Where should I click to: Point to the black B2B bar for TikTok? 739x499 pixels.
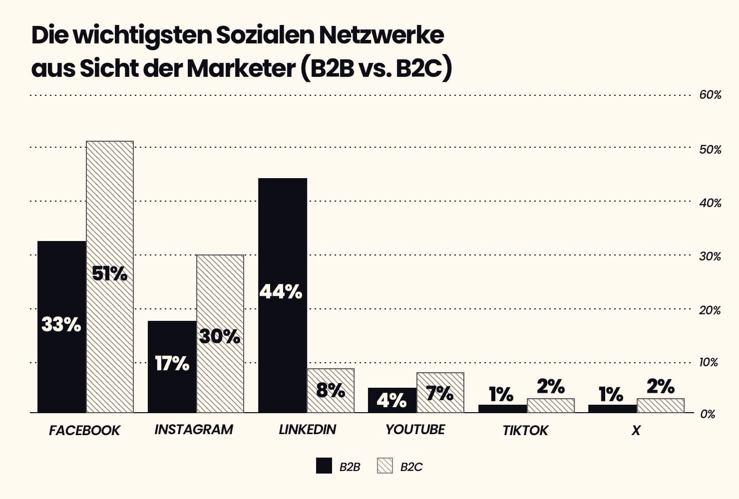click(502, 409)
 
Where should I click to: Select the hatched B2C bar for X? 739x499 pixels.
click(660, 406)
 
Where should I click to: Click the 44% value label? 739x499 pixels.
click(281, 292)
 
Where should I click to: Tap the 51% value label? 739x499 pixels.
click(110, 273)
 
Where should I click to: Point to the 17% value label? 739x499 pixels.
click(172, 364)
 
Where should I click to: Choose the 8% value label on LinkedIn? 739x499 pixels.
click(331, 390)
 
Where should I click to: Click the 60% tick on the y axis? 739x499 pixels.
click(710, 95)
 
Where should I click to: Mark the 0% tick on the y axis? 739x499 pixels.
click(708, 414)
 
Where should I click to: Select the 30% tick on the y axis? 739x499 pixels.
click(710, 256)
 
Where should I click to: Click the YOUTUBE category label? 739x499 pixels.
click(415, 430)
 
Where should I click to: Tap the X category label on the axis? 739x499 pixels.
click(635, 430)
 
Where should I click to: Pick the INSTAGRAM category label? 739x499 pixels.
click(194, 430)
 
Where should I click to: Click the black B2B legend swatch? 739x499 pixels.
click(324, 466)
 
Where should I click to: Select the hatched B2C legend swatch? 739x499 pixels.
click(385, 466)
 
